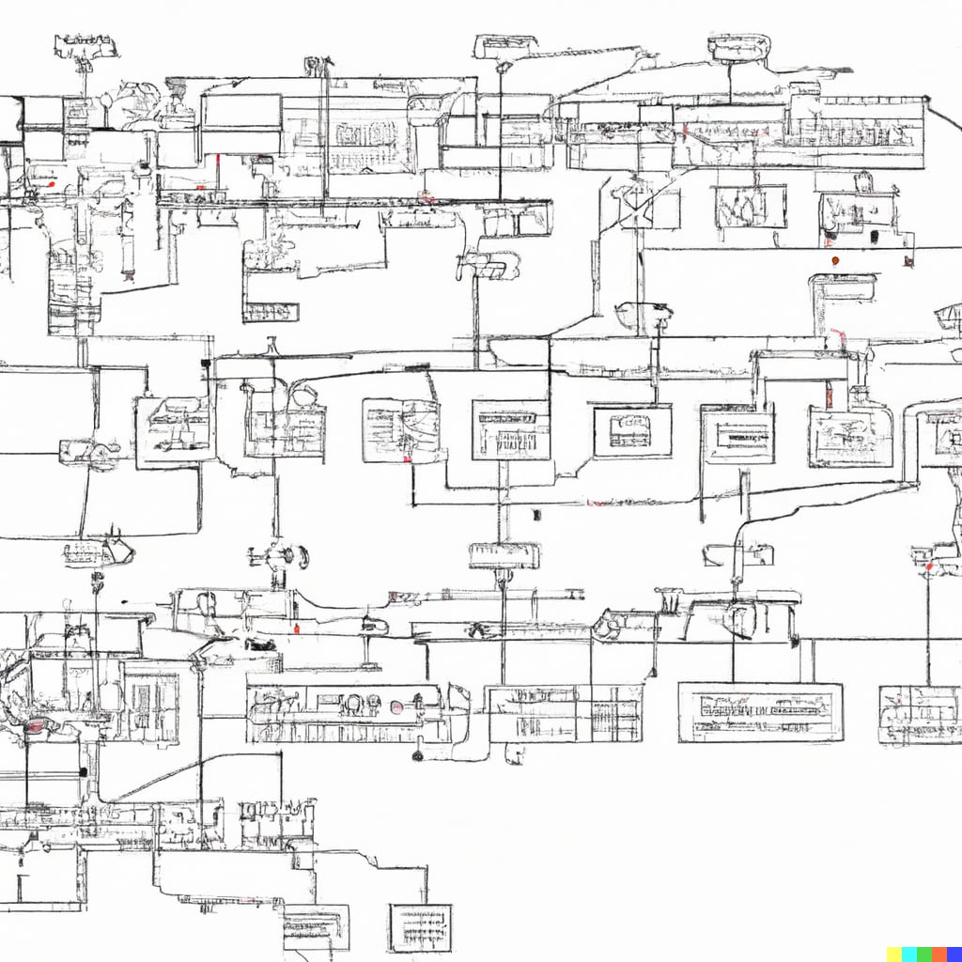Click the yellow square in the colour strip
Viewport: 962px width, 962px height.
click(894, 954)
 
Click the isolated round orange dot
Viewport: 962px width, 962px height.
click(835, 259)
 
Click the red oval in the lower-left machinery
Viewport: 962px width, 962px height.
click(36, 725)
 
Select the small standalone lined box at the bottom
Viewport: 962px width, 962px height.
click(420, 926)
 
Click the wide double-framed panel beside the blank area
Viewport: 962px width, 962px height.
click(760, 712)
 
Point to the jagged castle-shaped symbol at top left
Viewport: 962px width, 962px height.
click(85, 45)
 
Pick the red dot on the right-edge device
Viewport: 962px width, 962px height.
click(929, 566)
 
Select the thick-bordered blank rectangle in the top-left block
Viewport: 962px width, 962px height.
click(241, 111)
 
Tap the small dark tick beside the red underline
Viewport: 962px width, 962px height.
click(536, 515)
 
